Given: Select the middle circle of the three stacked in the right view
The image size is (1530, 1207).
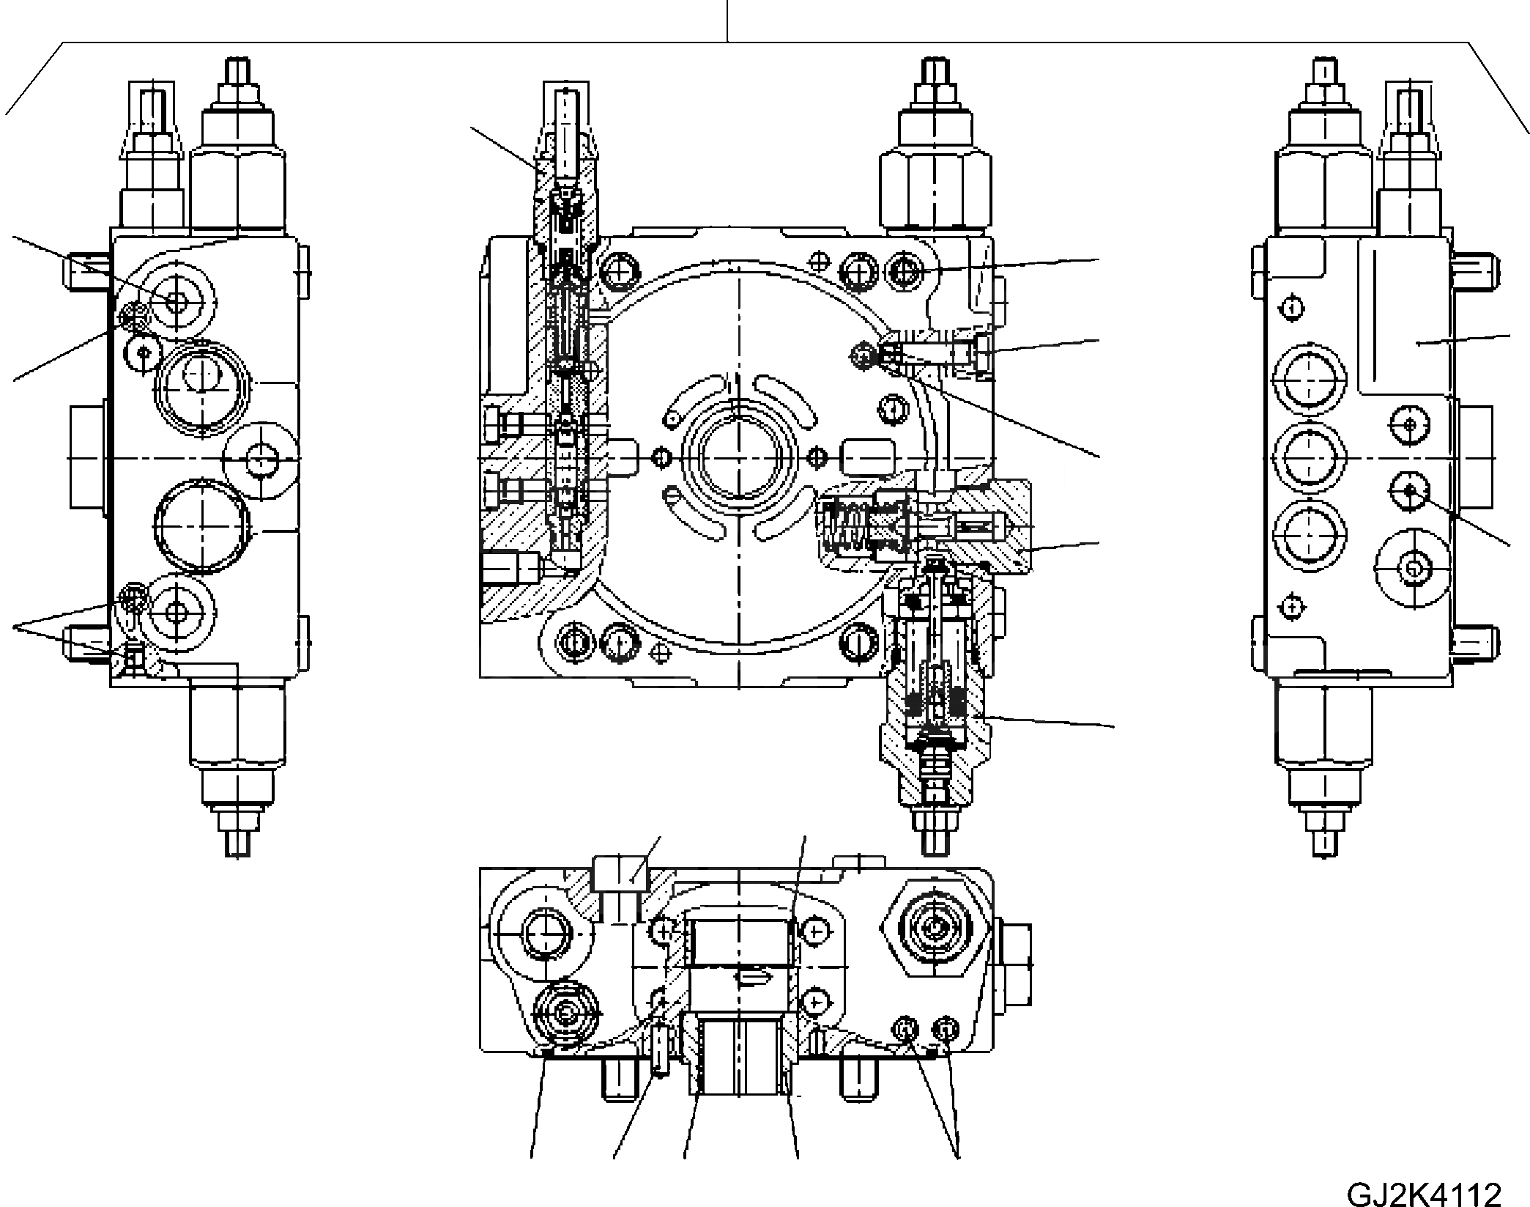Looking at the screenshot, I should click(x=1310, y=457).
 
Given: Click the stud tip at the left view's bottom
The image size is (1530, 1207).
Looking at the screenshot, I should click(x=237, y=841).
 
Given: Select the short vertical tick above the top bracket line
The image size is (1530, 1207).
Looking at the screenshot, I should click(x=727, y=21).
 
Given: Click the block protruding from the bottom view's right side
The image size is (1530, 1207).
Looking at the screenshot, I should click(x=1014, y=964).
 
